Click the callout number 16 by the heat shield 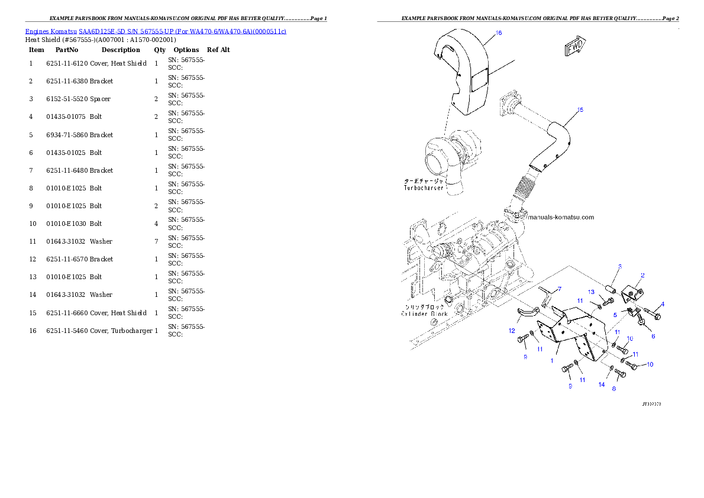[498, 33]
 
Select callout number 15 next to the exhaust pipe [580, 110]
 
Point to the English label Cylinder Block [424, 313]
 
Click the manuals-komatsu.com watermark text [561, 217]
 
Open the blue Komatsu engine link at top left [156, 31]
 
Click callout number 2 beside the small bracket [642, 275]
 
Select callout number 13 [590, 292]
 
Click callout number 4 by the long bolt [662, 305]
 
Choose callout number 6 [653, 336]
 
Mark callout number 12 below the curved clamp [512, 331]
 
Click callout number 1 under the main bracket [552, 360]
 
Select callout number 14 [601, 384]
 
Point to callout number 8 [613, 389]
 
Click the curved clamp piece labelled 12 [526, 313]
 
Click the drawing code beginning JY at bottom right [651, 404]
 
